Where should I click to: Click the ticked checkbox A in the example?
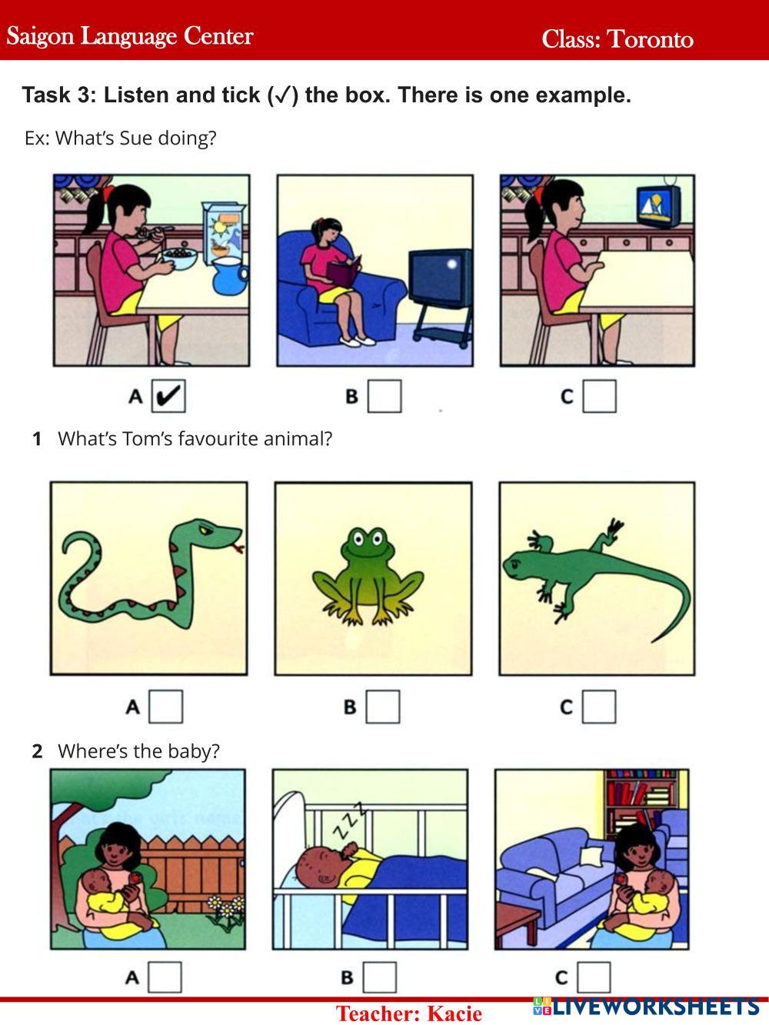168,396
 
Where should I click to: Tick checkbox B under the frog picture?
383,707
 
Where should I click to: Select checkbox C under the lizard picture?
599,707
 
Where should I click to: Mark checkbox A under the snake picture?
166,707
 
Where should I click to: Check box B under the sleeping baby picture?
380,977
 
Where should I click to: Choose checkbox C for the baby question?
594,977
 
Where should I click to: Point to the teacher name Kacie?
454,1013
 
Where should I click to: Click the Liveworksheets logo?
646,1007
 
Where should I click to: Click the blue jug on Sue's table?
230,276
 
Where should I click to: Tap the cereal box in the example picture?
223,231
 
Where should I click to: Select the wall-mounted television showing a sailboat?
658,207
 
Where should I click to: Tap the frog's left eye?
358,539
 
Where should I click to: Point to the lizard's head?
518,564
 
